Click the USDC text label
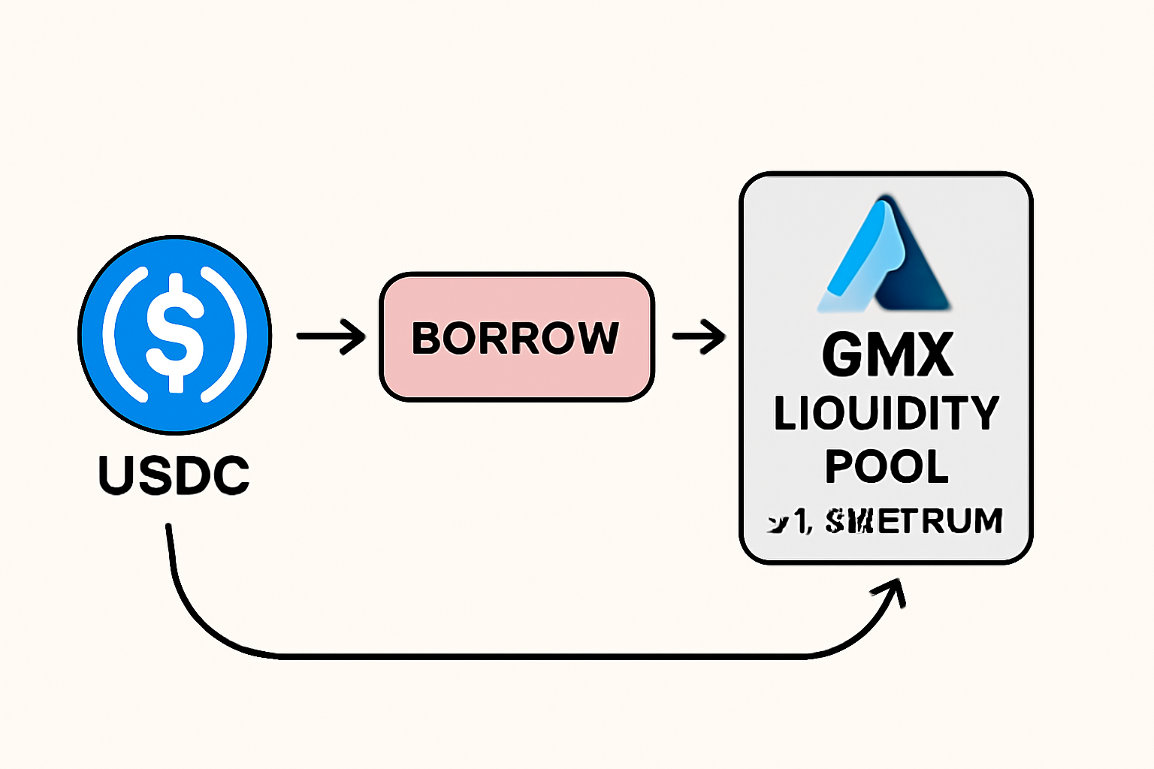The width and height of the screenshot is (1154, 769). point(174,475)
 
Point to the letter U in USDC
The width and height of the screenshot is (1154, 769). point(116,475)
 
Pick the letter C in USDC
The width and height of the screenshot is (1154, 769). point(231,475)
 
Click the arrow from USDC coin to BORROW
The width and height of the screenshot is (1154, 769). point(331,336)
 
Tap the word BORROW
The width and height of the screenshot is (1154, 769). point(515,339)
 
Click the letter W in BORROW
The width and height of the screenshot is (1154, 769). point(597,339)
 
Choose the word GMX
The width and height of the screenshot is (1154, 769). point(887,354)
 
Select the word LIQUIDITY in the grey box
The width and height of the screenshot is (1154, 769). point(887,414)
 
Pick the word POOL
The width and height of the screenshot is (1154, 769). point(887,466)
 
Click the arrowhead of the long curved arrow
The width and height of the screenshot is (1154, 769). point(894,590)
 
